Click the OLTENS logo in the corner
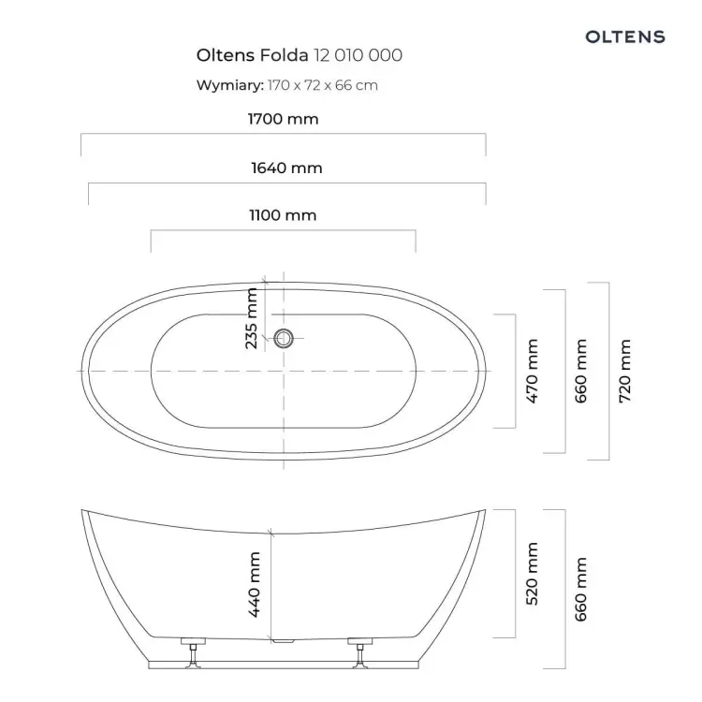click(625, 37)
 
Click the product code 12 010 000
click(358, 55)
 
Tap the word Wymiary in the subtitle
click(229, 85)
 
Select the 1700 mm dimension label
click(283, 119)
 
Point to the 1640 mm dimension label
click(286, 168)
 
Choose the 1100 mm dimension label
click(283, 215)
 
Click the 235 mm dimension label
click(252, 318)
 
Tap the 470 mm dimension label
click(532, 372)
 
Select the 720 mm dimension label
click(625, 372)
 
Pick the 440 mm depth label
click(254, 585)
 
